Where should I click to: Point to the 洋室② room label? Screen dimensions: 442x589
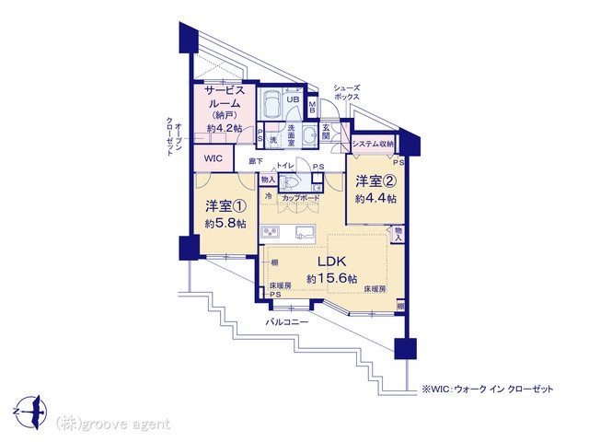376,181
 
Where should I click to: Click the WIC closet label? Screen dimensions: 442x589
214,158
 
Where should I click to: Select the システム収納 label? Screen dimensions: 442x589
374,144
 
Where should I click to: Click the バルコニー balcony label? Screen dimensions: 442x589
286,323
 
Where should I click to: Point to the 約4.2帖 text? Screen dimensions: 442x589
225,128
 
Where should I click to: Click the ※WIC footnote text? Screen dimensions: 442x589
487,390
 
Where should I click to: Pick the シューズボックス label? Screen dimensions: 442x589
347,91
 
